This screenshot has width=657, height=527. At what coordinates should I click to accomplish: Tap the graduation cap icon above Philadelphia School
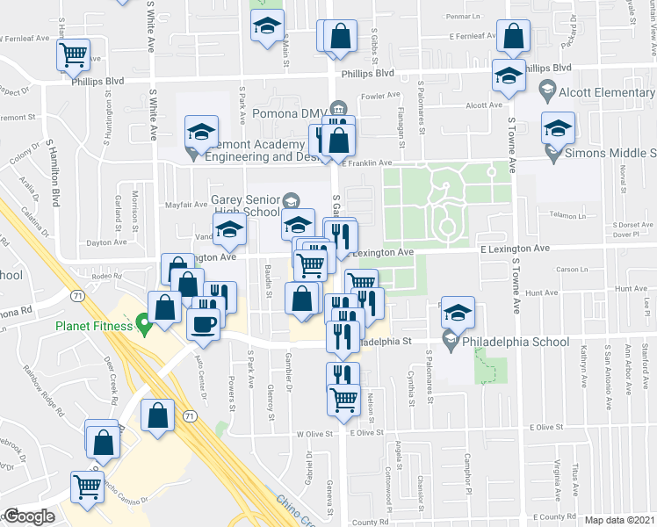pos(457,314)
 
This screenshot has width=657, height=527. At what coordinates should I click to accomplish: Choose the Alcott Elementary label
pos(607,93)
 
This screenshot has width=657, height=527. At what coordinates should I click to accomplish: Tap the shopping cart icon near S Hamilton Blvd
pos(74,55)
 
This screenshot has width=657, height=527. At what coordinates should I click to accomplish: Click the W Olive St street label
pos(317,433)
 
